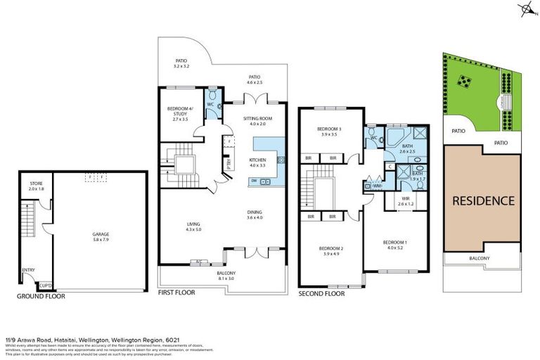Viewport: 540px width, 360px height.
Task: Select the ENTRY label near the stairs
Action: tap(29, 269)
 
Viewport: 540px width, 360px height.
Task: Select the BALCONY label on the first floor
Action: tap(225, 273)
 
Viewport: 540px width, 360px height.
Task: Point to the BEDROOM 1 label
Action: tap(394, 243)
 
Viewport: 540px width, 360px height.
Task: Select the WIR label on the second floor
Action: tap(406, 198)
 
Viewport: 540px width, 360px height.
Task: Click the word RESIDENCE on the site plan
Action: tap(482, 200)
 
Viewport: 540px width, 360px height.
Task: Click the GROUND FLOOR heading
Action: tap(41, 296)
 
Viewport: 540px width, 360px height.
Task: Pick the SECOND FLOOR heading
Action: tap(322, 293)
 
